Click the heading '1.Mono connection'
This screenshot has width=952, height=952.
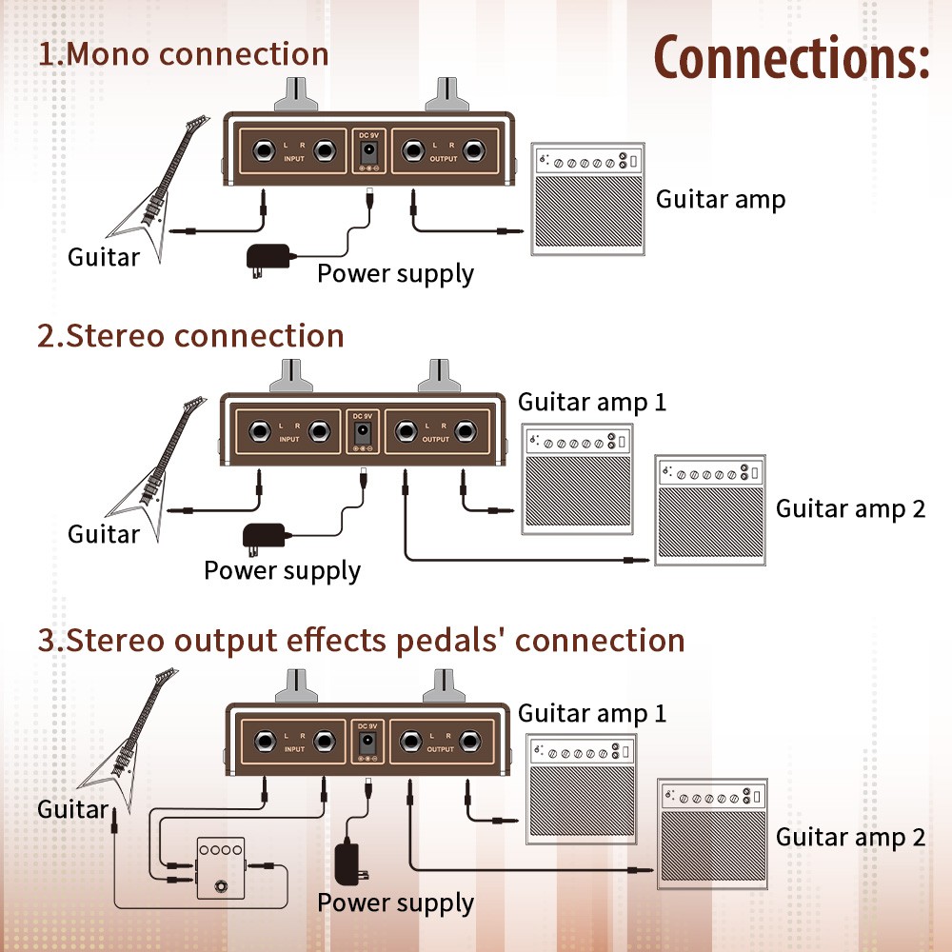184,54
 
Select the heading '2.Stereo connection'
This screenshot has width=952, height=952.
190,336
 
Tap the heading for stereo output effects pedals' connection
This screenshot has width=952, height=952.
362,640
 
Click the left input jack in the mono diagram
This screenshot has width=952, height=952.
262,150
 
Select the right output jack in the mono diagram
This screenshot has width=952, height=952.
475,150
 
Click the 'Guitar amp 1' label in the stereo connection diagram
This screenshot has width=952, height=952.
592,402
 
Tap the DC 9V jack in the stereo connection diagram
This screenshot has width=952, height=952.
363,435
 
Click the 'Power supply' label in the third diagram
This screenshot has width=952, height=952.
395,902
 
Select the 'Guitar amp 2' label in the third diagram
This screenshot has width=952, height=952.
850,837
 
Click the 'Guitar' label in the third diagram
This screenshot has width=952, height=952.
72,809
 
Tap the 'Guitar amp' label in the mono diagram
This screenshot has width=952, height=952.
721,199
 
